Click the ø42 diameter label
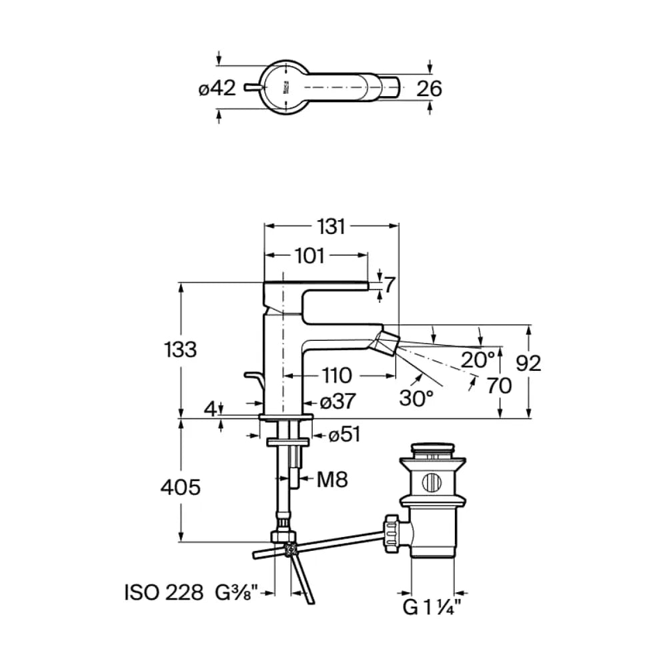(x=217, y=89)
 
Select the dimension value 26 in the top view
(x=429, y=89)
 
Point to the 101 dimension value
(x=309, y=255)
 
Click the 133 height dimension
(x=180, y=350)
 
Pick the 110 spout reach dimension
(x=336, y=376)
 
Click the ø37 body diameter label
(x=338, y=401)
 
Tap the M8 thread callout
(x=332, y=480)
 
